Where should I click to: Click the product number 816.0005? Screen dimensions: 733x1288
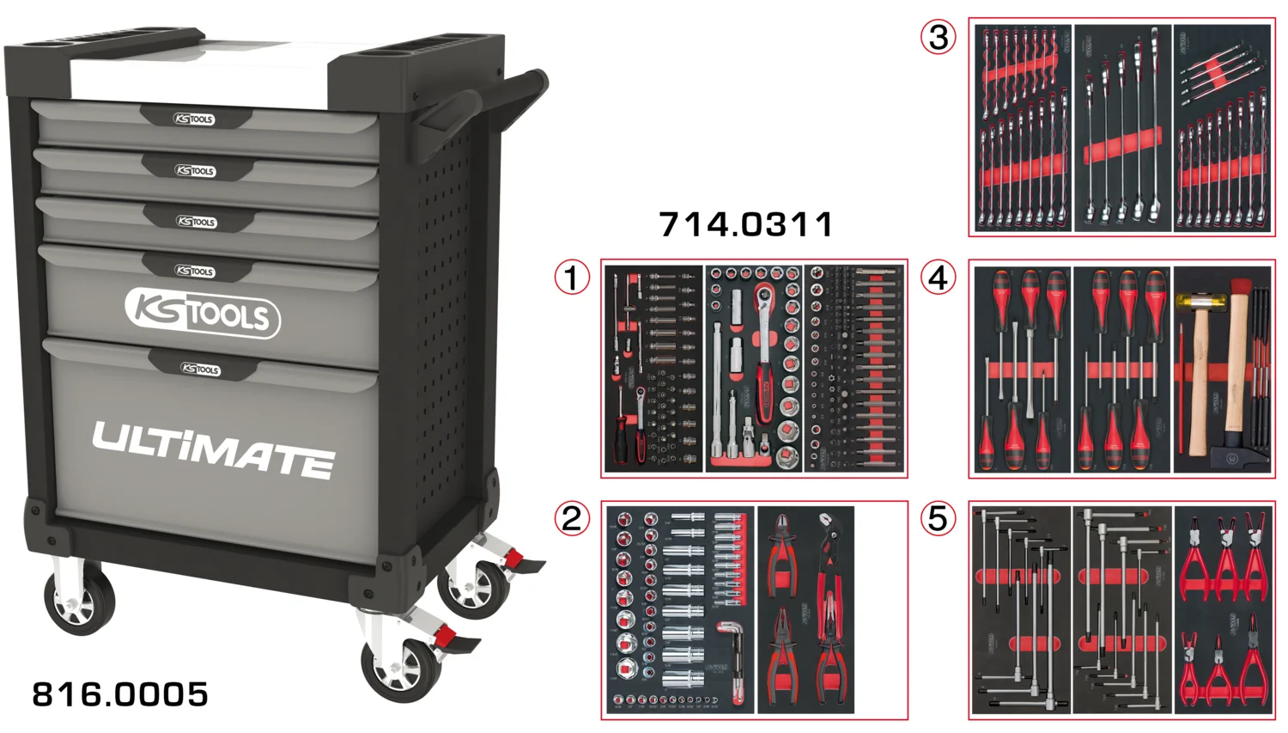[x=120, y=694]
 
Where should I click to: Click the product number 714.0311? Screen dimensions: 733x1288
[x=746, y=225]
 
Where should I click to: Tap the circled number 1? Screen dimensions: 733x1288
[x=572, y=278]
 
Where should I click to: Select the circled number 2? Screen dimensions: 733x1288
[x=572, y=519]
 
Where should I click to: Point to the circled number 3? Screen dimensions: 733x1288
[x=938, y=37]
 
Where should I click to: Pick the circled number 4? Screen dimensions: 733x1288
[x=938, y=278]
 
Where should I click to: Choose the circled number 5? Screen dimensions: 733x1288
[x=938, y=519]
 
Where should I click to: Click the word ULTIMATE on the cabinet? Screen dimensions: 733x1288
[x=213, y=449]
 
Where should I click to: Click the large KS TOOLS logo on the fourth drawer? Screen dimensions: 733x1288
[x=203, y=313]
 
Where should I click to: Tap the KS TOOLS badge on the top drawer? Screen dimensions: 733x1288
[x=194, y=119]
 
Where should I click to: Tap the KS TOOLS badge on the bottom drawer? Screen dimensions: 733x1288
[x=201, y=369]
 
